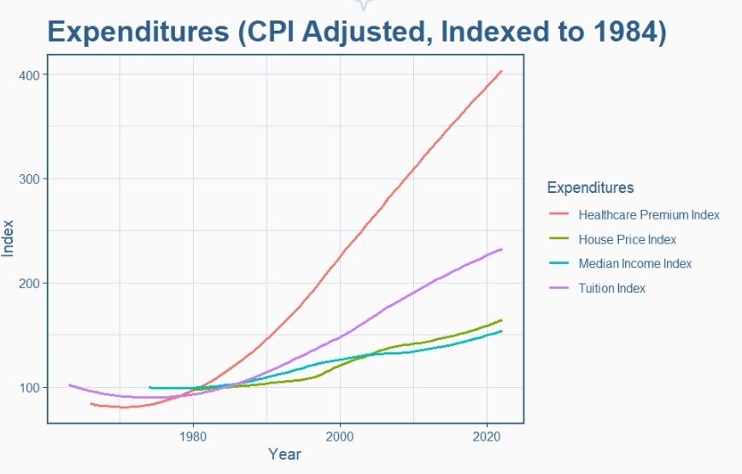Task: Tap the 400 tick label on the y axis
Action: (x=29, y=75)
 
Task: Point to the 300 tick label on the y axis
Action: (x=29, y=179)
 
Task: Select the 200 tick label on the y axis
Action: (x=29, y=284)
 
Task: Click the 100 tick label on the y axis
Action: (x=29, y=388)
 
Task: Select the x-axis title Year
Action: (x=284, y=454)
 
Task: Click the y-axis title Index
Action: (x=9, y=237)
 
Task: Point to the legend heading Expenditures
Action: (x=590, y=188)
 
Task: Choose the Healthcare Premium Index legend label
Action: (x=648, y=214)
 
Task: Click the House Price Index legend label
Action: (x=627, y=239)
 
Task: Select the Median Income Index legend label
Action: (x=634, y=264)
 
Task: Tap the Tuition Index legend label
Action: (x=611, y=289)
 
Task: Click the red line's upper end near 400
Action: (x=501, y=71)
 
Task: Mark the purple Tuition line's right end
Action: (x=501, y=249)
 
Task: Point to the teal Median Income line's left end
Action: (x=149, y=388)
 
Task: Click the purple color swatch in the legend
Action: (x=559, y=289)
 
